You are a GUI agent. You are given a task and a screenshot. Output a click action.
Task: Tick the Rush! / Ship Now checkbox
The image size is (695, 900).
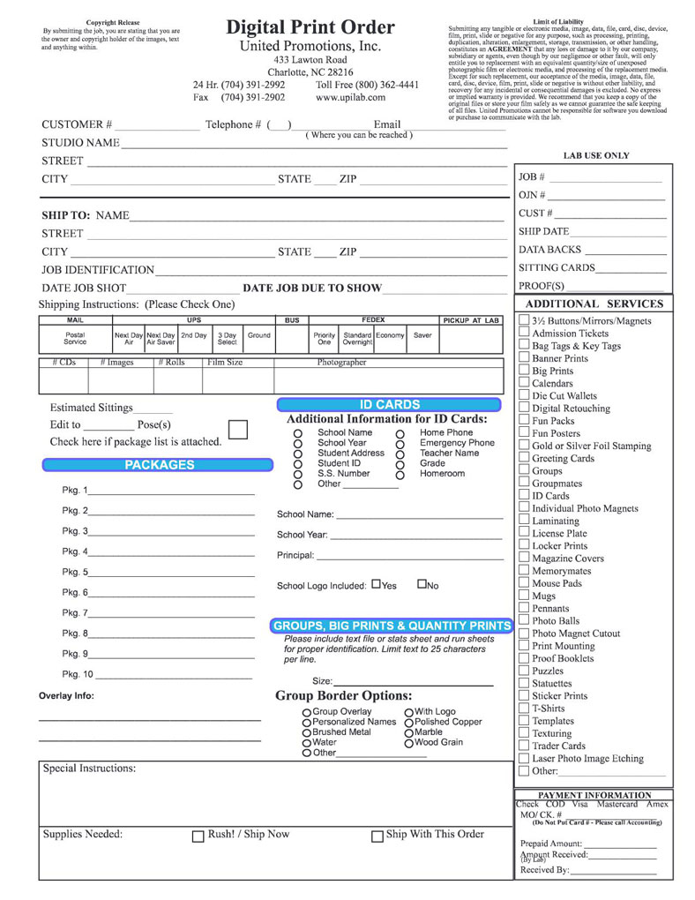pyautogui.click(x=198, y=835)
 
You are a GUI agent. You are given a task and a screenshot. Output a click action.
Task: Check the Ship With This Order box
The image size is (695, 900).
pyautogui.click(x=377, y=835)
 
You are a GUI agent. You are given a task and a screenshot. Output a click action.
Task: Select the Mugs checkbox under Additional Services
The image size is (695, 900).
pyautogui.click(x=524, y=596)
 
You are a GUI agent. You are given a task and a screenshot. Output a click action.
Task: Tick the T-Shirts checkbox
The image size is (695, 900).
pyautogui.click(x=524, y=708)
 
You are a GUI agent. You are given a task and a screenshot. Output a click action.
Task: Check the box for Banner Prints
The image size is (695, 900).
pyautogui.click(x=524, y=358)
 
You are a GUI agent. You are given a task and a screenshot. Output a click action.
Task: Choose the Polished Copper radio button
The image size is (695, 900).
pyautogui.click(x=409, y=723)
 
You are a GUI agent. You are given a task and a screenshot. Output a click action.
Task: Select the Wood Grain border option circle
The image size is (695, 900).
pyautogui.click(x=409, y=743)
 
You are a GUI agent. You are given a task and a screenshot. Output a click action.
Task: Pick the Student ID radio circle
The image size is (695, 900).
pyautogui.click(x=298, y=463)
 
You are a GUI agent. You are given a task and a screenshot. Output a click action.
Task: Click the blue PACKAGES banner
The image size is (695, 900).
pyautogui.click(x=160, y=465)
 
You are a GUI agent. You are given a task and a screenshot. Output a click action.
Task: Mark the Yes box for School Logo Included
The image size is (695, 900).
pyautogui.click(x=377, y=584)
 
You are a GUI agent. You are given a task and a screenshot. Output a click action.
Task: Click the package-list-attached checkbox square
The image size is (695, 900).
pyautogui.click(x=238, y=430)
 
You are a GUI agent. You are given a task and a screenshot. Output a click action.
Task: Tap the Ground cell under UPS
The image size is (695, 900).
pyautogui.click(x=258, y=336)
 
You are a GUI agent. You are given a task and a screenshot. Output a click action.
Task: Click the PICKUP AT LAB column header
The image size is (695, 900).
pyautogui.click(x=471, y=320)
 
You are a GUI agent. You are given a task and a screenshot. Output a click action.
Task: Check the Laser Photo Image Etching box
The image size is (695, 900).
pyautogui.click(x=524, y=758)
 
